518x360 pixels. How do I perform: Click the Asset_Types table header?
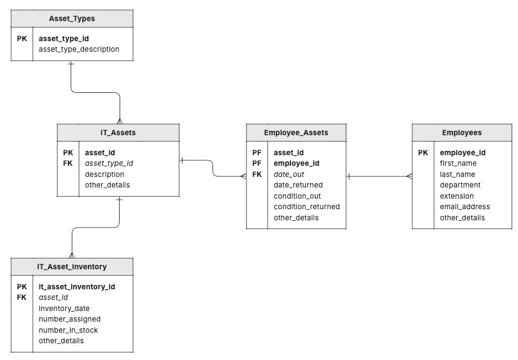pyautogui.click(x=72, y=18)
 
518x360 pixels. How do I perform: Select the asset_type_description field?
pyautogui.click(x=79, y=49)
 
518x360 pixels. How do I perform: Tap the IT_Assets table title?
pyautogui.click(x=118, y=132)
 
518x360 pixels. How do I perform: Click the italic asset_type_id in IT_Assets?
pyautogui.click(x=108, y=163)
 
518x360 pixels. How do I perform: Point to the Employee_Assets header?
pyautogui.click(x=295, y=132)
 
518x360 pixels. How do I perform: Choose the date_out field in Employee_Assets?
pyautogui.click(x=289, y=174)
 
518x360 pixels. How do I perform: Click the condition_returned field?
pyautogui.click(x=307, y=206)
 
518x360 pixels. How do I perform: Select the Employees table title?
pyautogui.click(x=462, y=132)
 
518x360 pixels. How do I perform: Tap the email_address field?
pyautogui.click(x=465, y=206)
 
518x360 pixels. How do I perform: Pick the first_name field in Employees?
pyautogui.click(x=458, y=163)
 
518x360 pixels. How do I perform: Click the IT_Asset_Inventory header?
pyautogui.click(x=72, y=267)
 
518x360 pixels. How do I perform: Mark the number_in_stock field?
pyautogui.click(x=68, y=330)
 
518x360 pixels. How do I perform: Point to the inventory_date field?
pyautogui.click(x=64, y=308)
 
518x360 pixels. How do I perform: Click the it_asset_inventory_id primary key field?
pyautogui.click(x=77, y=287)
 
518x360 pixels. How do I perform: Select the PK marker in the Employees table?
pyautogui.click(x=423, y=152)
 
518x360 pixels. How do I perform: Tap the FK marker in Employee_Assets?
pyautogui.click(x=256, y=174)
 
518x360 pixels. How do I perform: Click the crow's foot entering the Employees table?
pyautogui.click(x=409, y=177)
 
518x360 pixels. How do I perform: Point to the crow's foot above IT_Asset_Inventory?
pyautogui.click(x=71, y=255)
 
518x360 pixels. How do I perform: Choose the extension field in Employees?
pyautogui.click(x=457, y=196)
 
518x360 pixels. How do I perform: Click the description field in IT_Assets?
pyautogui.click(x=104, y=174)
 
